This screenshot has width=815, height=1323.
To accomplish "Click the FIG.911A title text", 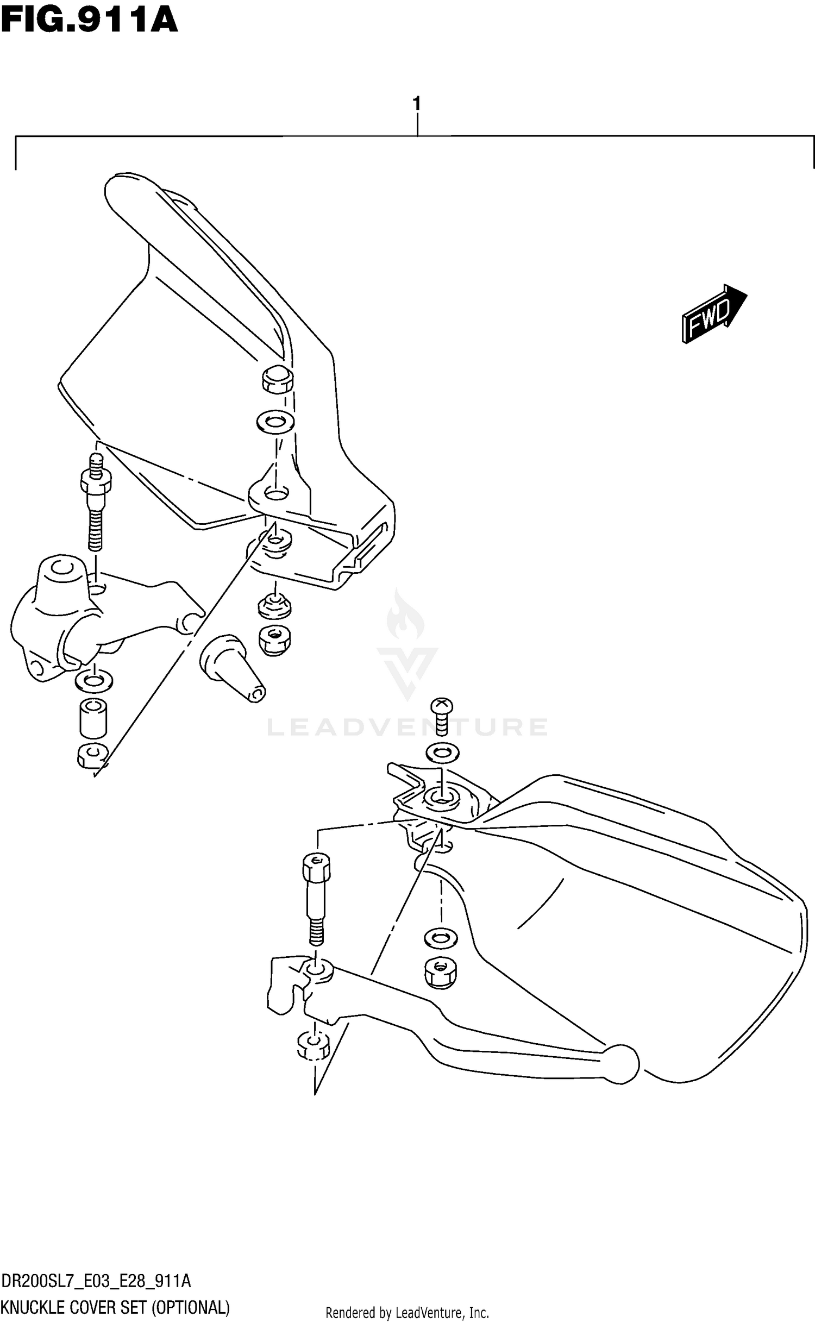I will pos(90,20).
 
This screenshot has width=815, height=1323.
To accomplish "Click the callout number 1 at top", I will pos(417,103).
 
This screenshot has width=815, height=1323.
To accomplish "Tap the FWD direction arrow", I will pos(713,314).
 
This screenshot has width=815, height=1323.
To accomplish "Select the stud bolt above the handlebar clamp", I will pos(96,503).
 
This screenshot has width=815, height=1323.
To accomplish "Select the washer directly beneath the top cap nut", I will pos(274,421).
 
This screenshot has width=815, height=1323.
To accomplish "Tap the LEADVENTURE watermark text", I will pos(407,727).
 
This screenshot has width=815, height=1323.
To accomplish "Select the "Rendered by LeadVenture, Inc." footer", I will pos(407,1313).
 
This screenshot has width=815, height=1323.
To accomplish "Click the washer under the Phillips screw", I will pos(442,753).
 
